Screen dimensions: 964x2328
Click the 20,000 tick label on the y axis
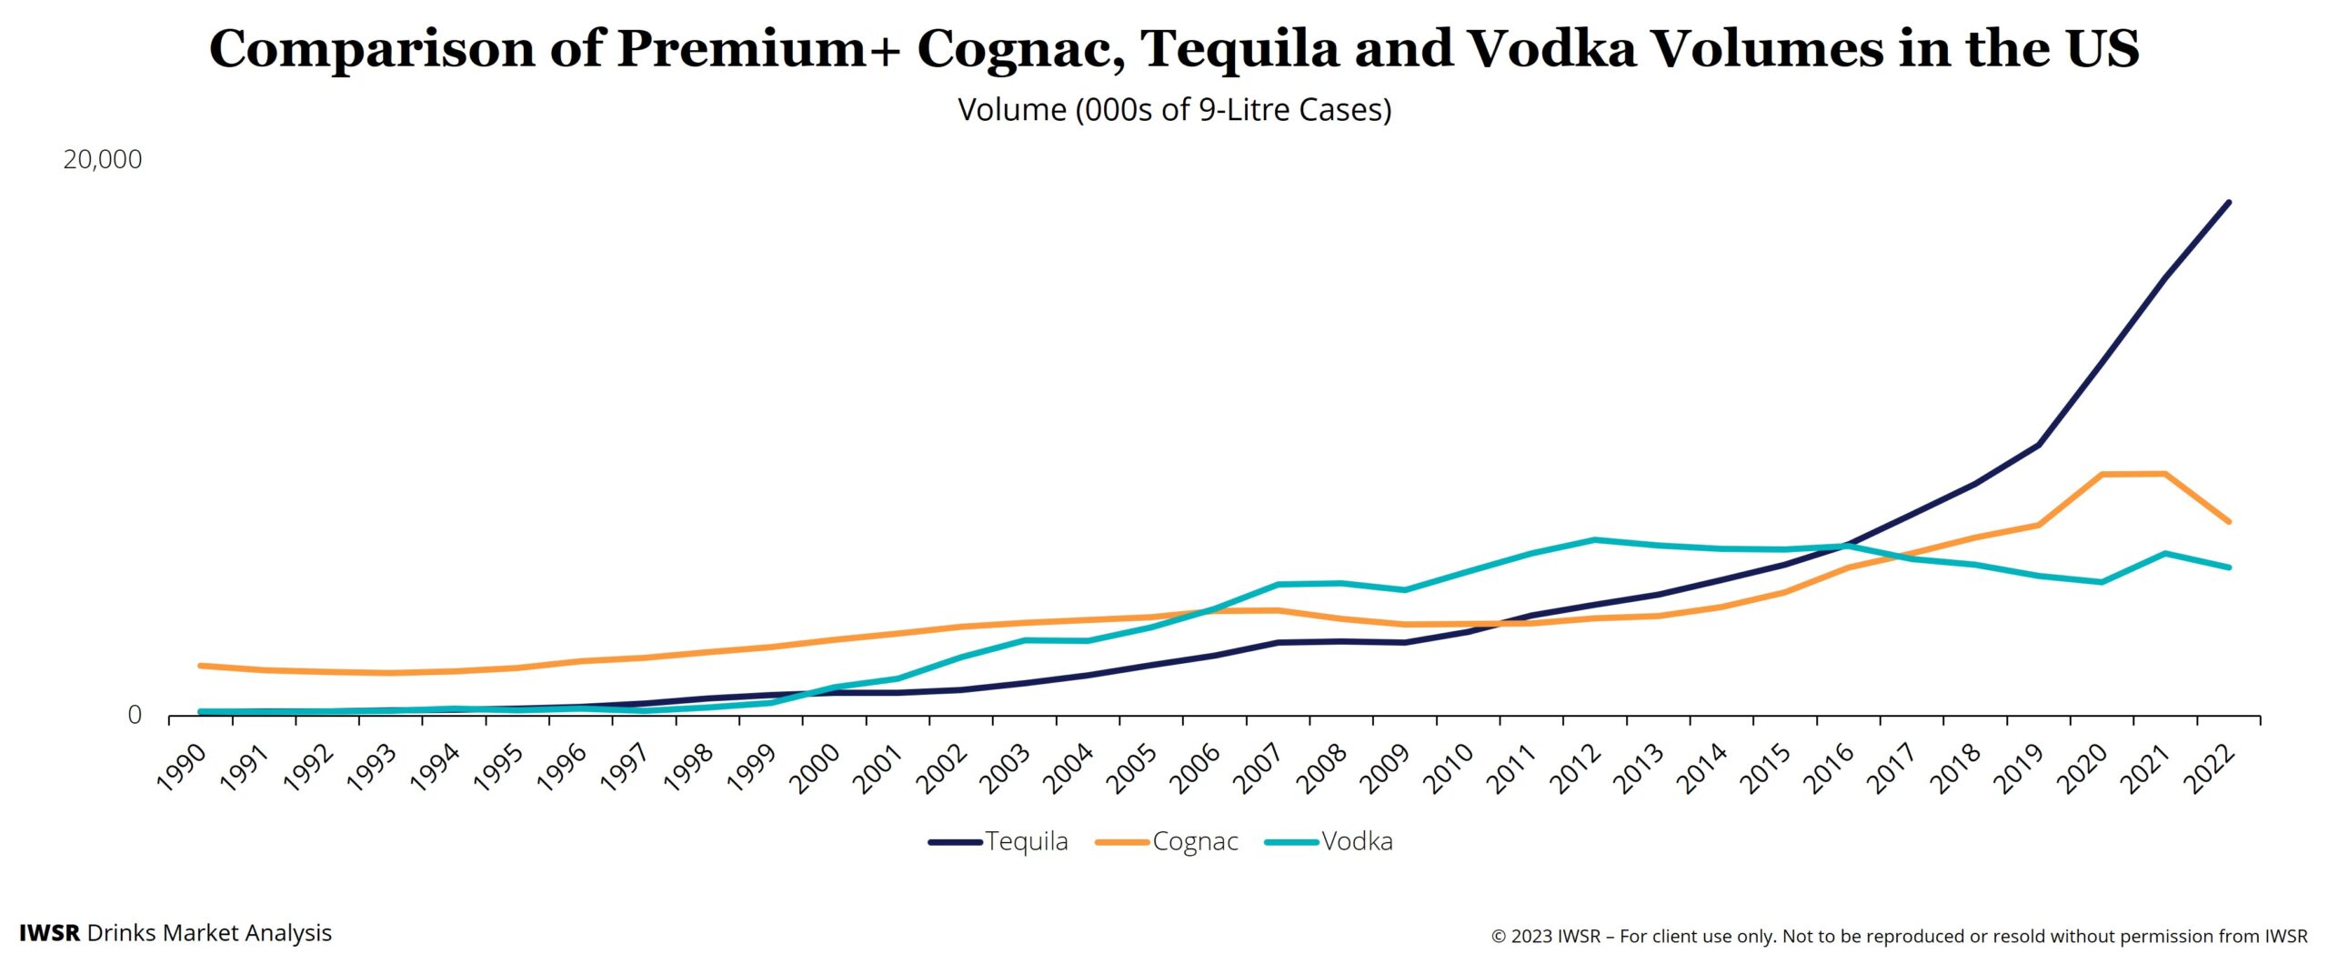(102, 159)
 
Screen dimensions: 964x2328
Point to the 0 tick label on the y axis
(134, 715)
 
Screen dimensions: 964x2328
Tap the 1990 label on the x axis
(182, 768)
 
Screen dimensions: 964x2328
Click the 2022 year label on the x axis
(2208, 768)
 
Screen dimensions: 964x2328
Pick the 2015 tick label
(1765, 768)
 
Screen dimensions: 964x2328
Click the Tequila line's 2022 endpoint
(2228, 202)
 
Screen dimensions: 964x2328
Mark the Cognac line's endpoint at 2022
(2228, 521)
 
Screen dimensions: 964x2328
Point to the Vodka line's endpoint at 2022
(2228, 567)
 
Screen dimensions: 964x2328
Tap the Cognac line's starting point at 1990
(201, 666)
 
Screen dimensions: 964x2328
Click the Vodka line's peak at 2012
(1594, 539)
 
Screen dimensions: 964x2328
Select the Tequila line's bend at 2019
(2039, 445)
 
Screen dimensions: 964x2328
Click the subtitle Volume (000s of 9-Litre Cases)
(1174, 110)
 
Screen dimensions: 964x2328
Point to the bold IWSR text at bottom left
(49, 933)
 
